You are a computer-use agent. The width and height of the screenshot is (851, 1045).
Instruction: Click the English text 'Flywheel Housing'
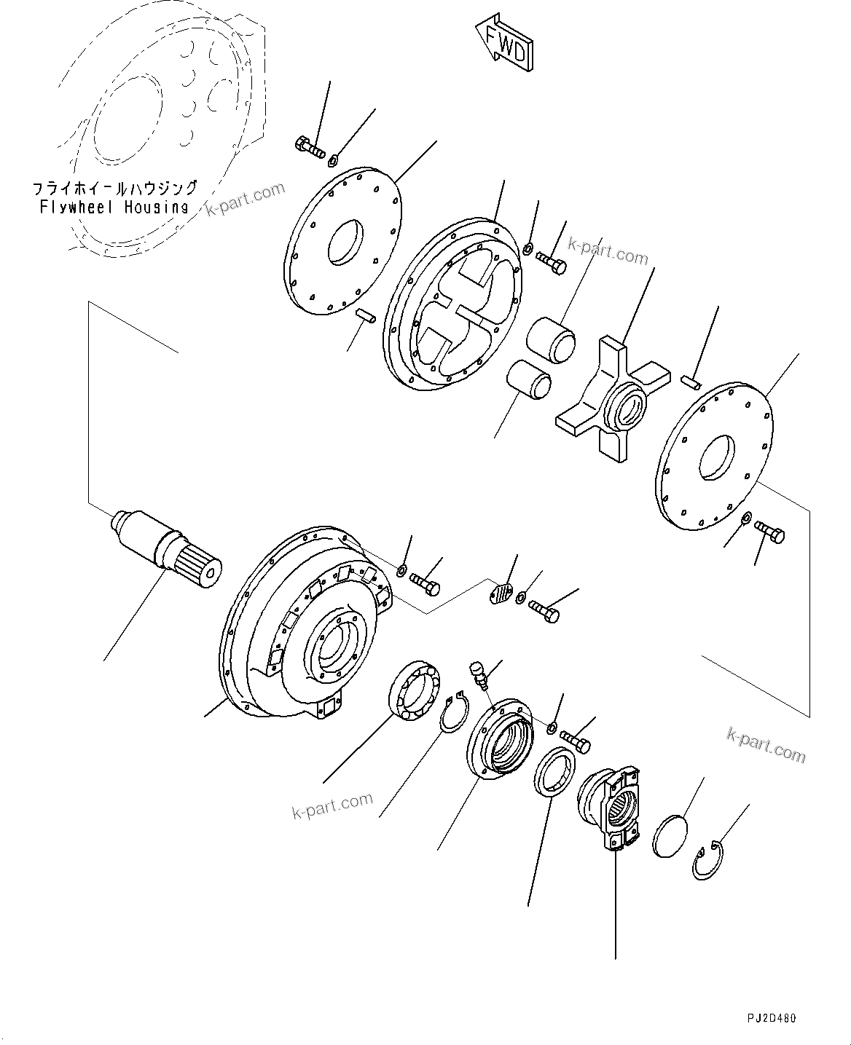click(114, 207)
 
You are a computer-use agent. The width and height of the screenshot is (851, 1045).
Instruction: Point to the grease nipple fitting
click(477, 673)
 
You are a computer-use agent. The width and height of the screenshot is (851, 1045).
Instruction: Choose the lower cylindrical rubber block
click(528, 382)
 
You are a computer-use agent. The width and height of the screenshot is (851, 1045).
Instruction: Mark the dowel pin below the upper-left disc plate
click(365, 315)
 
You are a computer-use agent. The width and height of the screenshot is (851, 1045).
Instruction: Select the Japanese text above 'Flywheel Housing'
click(114, 189)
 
